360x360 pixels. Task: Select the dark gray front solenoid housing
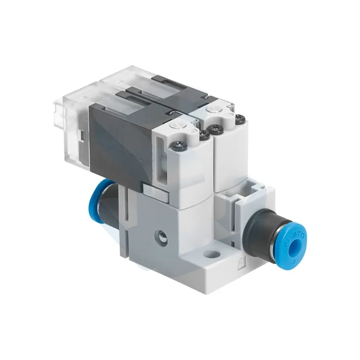[119, 135]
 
